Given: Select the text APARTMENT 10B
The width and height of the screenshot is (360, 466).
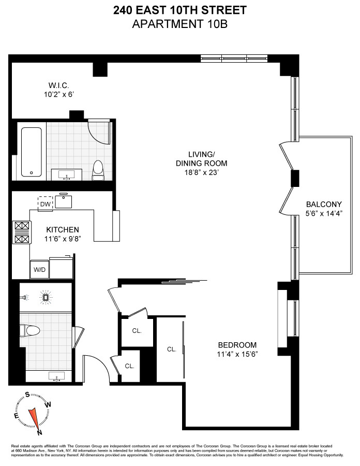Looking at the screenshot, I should pyautogui.click(x=179, y=23).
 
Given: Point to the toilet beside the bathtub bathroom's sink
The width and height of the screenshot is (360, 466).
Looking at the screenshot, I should pyautogui.click(x=97, y=169).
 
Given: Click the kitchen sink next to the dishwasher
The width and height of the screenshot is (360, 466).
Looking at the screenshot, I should pyautogui.click(x=64, y=201).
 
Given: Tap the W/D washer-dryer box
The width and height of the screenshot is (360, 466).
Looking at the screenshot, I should pyautogui.click(x=39, y=270).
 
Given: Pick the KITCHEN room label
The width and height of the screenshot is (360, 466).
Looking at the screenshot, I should pyautogui.click(x=62, y=229).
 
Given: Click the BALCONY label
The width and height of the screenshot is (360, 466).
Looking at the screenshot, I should pyautogui.click(x=324, y=203).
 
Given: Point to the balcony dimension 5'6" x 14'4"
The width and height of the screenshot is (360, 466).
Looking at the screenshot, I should pyautogui.click(x=324, y=212).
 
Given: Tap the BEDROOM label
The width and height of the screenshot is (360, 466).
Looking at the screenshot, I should pyautogui.click(x=237, y=345).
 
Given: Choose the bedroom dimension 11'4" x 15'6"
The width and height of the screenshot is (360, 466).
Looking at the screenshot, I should pyautogui.click(x=237, y=354).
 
